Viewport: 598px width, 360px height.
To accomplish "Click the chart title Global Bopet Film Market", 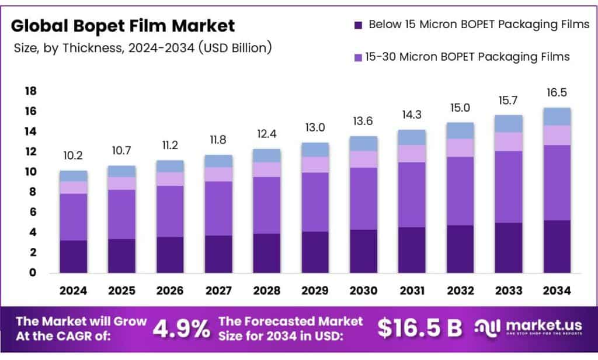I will pos(123,26).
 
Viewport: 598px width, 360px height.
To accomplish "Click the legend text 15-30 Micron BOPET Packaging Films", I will pos(467,57).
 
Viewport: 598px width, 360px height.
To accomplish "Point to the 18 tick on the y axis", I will pos(30,91).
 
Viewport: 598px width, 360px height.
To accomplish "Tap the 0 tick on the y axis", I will pos(33,272).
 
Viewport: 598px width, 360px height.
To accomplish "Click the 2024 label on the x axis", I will pos(73,290).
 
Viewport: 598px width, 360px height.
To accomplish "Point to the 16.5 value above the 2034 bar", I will pos(556,93).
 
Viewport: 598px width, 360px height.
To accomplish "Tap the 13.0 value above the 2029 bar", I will pos(315,128).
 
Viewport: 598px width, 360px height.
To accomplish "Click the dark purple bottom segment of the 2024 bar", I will pos(73,257).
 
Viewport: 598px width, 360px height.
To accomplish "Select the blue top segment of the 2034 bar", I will pos(556,116).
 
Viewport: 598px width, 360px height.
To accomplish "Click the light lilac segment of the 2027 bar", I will pos(218,174).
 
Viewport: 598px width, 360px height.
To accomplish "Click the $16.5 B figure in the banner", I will pos(419,328).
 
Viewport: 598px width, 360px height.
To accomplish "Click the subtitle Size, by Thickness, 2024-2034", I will pos(142,48).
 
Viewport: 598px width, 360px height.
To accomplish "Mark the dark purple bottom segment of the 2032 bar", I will pos(460,249).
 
